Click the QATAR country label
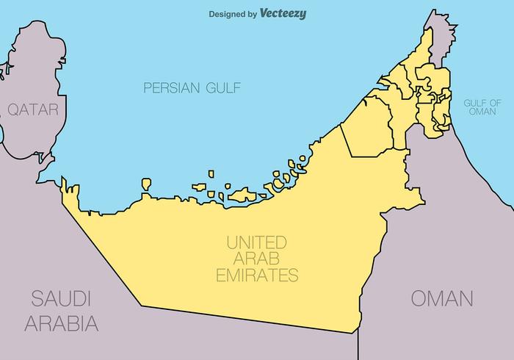point(32,109)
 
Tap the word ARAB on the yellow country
point(256,259)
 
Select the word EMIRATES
point(256,276)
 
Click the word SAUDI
point(61,298)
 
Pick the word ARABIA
point(61,323)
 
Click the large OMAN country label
point(441,298)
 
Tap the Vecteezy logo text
point(283,13)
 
